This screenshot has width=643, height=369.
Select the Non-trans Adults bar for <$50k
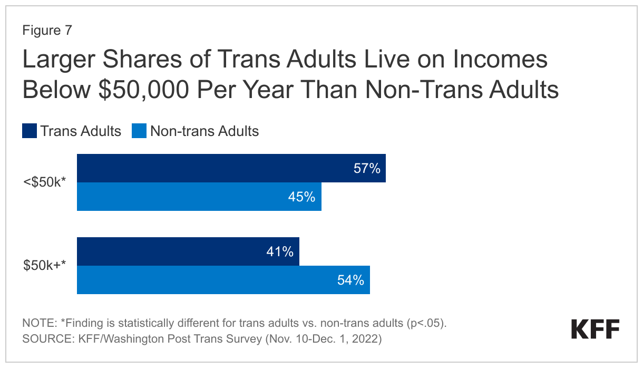[x=199, y=197]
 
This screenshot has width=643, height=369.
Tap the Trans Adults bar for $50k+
[x=188, y=251]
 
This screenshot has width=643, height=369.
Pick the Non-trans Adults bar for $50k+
[x=223, y=280]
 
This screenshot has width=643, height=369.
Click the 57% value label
[x=367, y=169]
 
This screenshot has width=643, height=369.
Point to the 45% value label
[x=301, y=197]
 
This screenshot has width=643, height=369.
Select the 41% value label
[x=280, y=252]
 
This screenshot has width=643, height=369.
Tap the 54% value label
[x=350, y=280]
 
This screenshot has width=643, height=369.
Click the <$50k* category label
[x=44, y=183]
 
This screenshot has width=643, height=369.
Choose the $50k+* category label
[x=44, y=266]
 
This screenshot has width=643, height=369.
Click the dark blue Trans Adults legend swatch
[x=30, y=131]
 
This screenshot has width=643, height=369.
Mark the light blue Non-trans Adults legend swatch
[x=139, y=131]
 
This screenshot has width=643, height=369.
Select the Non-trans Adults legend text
[x=204, y=131]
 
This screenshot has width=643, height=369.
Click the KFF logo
[x=595, y=329]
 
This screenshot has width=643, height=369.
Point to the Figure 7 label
[x=47, y=31]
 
